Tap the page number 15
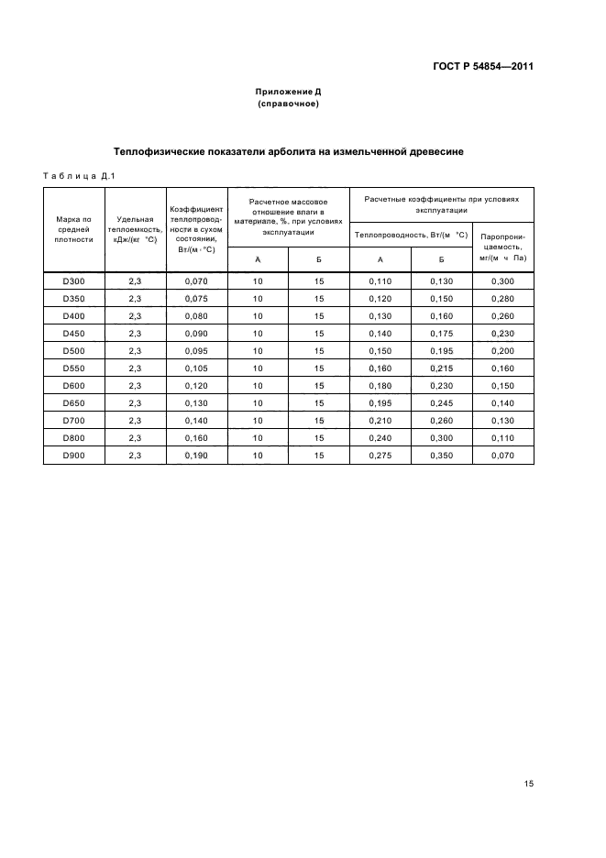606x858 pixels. [529, 784]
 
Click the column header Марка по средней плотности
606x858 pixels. [74, 229]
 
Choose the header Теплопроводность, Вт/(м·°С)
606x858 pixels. [411, 235]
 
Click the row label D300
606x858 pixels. [74, 281]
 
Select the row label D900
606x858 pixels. [74, 455]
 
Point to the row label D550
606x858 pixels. [74, 368]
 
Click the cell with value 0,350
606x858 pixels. [441, 455]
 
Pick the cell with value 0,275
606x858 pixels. [380, 455]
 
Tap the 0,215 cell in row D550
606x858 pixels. [441, 368]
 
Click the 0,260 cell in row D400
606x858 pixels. [502, 316]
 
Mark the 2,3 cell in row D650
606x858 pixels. [135, 403]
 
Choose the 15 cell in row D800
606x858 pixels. [319, 437]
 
